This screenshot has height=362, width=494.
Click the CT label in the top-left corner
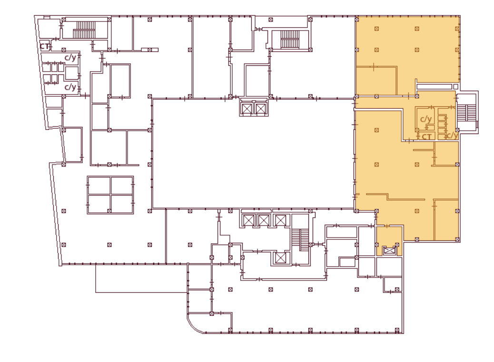pos(44,46)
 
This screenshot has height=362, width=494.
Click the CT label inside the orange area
pos(426,137)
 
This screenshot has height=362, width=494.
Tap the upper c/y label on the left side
pos(70,57)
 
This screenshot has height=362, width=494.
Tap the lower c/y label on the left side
pos(70,87)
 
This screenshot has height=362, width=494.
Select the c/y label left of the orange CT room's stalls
pos(426,119)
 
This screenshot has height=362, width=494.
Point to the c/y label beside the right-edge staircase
pos(453,135)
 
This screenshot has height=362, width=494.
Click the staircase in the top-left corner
pos(84,30)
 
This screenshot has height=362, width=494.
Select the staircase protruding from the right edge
pos(466,113)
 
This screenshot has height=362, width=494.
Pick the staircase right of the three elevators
pos(300,240)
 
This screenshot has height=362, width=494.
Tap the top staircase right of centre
pos(290,39)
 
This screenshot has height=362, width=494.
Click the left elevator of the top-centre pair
pos(247,109)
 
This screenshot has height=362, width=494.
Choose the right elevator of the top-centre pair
pos(261,109)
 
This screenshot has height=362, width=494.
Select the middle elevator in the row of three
pos(264,220)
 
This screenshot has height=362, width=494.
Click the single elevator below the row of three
pos(280,258)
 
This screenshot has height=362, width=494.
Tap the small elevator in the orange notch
pos(390,251)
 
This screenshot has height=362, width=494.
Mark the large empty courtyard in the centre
pos(253,154)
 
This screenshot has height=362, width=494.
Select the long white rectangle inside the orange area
pos(435,86)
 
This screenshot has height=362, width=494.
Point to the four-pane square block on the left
pos(110,195)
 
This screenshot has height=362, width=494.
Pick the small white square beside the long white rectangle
pos(455,86)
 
